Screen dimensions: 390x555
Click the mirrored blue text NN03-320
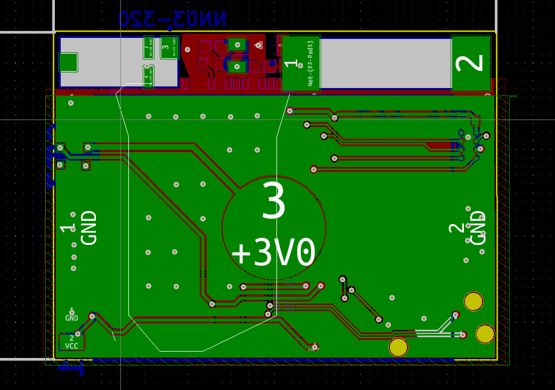(x=172, y=19)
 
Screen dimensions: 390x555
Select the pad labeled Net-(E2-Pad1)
(x=301, y=63)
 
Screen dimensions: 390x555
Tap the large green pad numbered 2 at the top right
(x=471, y=63)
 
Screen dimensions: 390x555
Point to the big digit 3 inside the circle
(x=274, y=201)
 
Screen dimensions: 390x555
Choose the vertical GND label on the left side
(x=89, y=228)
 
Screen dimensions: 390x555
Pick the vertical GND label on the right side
(x=478, y=228)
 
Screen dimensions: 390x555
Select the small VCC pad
(x=71, y=342)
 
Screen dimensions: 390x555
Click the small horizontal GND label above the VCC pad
(x=71, y=318)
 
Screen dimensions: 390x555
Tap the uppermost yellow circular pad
(x=474, y=301)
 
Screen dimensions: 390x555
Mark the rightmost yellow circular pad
(x=485, y=333)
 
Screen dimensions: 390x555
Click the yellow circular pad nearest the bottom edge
(x=398, y=347)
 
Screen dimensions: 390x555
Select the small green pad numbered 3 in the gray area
(x=169, y=47)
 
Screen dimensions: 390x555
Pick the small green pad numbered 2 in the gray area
(x=149, y=47)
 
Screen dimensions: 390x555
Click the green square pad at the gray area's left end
(x=68, y=62)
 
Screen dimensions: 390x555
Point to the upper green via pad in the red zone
(x=236, y=44)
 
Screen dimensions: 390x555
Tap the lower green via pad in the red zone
(x=236, y=66)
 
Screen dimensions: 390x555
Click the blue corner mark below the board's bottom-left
(x=72, y=367)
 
